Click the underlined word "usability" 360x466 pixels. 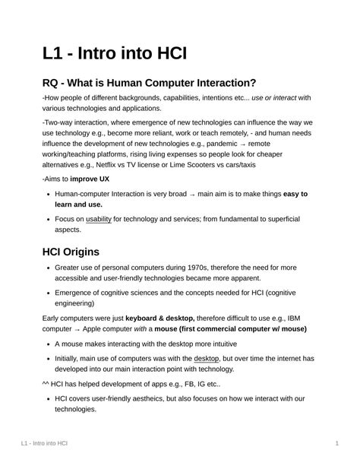[99, 219]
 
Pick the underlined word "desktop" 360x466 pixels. [207, 357]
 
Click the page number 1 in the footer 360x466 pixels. [336, 442]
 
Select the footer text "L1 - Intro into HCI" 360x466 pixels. [45, 442]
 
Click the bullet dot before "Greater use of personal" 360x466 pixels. [48, 268]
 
